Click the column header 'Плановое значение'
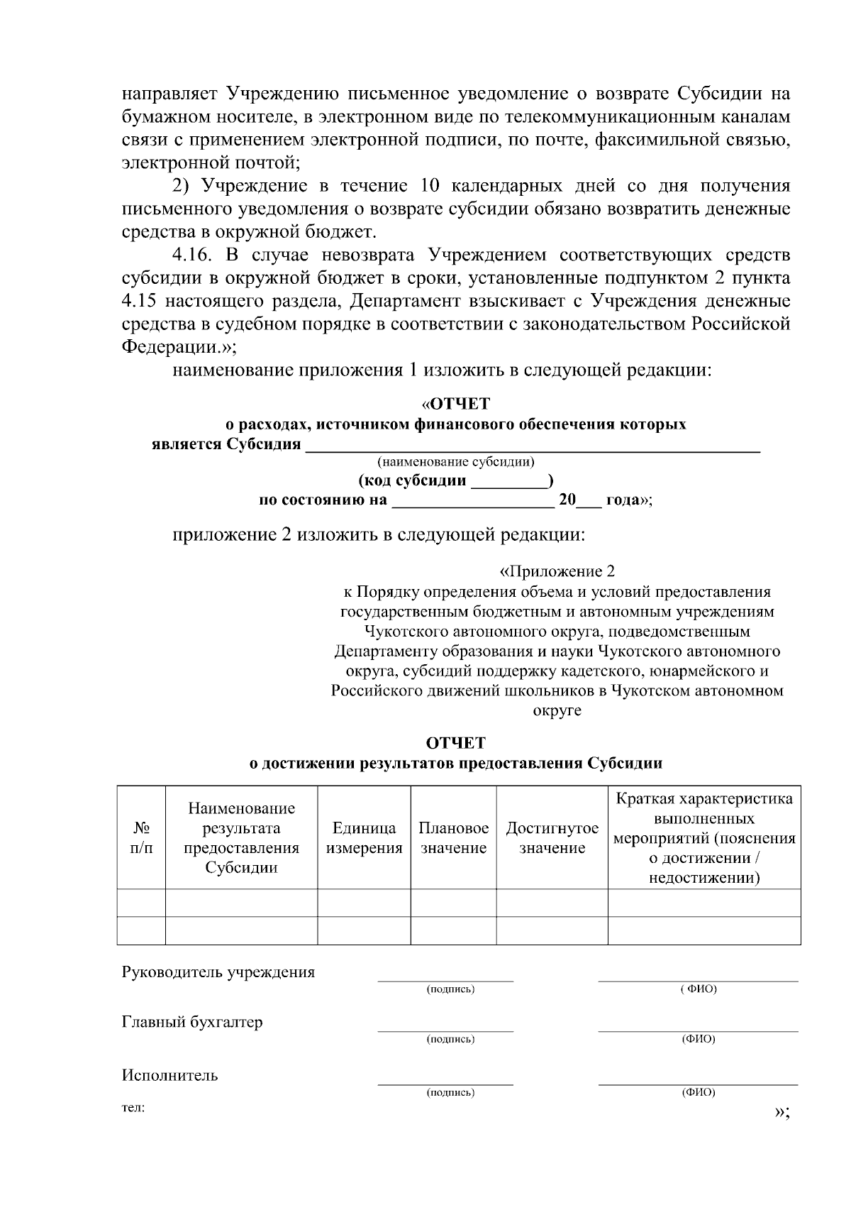(453, 838)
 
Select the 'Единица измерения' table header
(364, 838)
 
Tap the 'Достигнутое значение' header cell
(552, 838)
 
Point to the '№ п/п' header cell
(141, 838)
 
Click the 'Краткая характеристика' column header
(704, 838)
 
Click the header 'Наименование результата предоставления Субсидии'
(241, 838)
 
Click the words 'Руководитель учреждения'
(218, 972)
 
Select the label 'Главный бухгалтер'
(192, 1022)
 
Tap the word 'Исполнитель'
(170, 1074)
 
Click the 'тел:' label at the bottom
(133, 1108)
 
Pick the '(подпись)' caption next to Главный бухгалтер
(450, 1040)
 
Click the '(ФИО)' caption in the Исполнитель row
(699, 1093)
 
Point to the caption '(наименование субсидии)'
(456, 463)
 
